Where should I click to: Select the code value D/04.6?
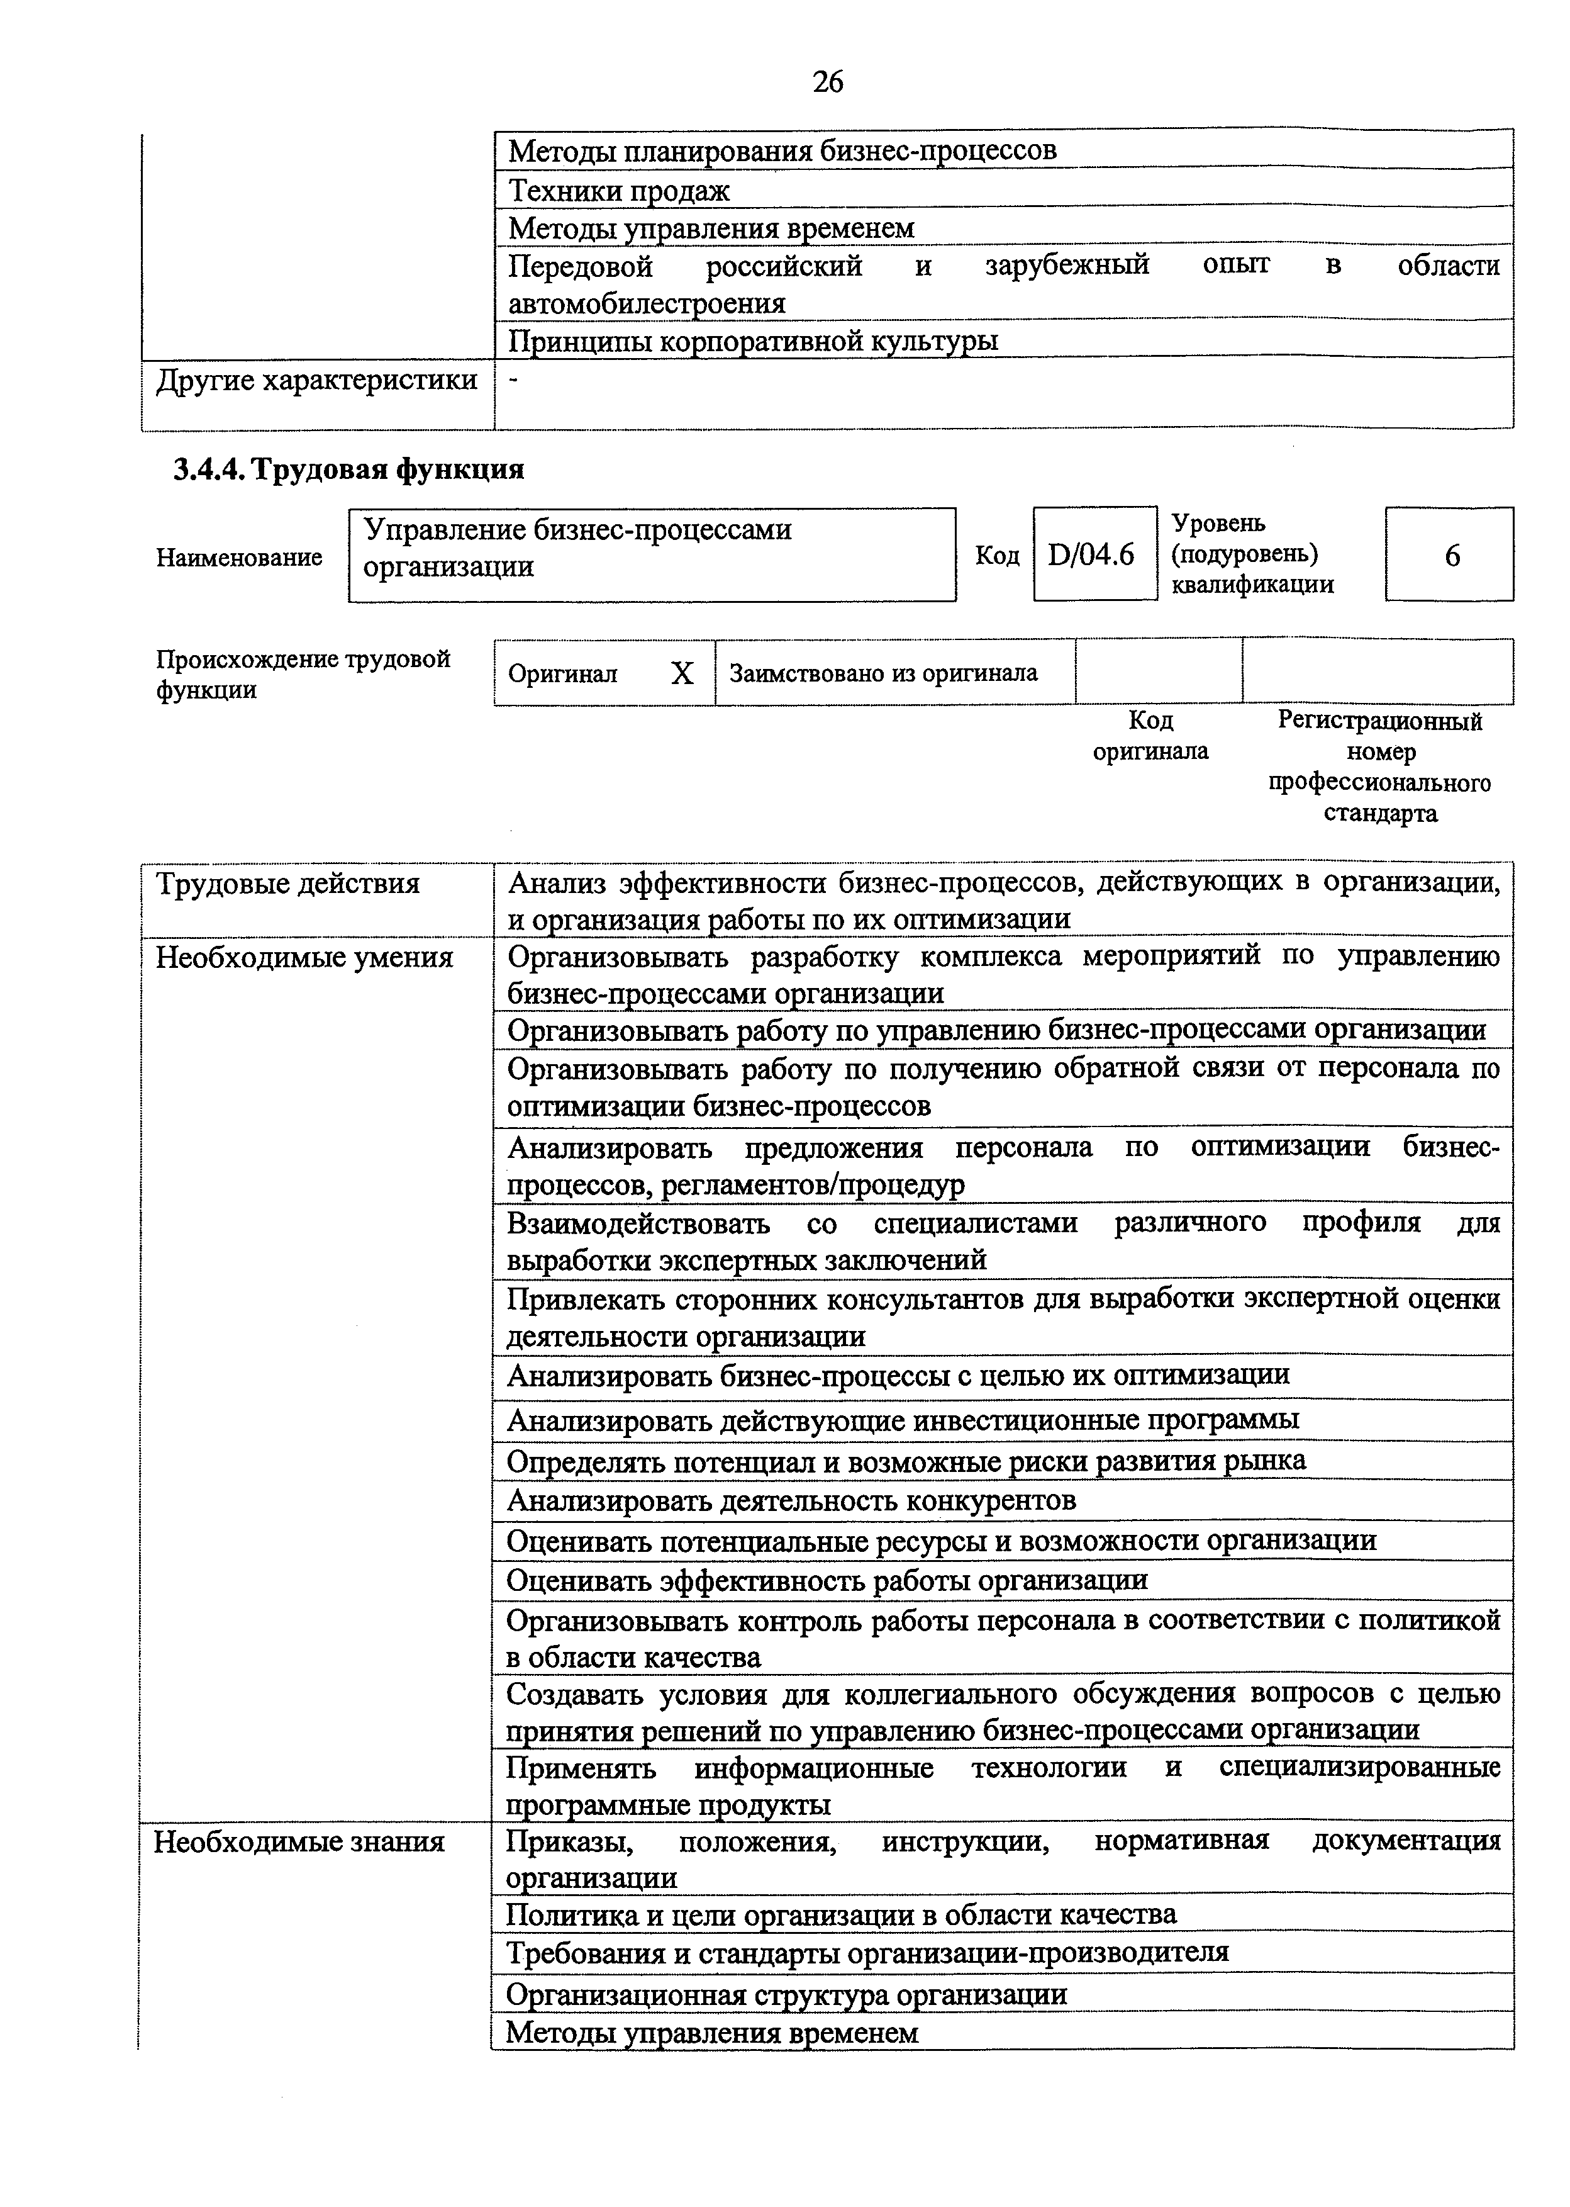pyautogui.click(x=1091, y=555)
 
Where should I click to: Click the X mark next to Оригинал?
pyautogui.click(x=682, y=673)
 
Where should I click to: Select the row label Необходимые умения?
pyautogui.click(x=304, y=957)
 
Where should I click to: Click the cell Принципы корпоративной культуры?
pyautogui.click(x=753, y=341)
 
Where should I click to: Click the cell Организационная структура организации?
pyautogui.click(x=787, y=1993)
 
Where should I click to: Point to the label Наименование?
pyautogui.click(x=239, y=557)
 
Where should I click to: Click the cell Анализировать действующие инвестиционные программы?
pyautogui.click(x=903, y=1420)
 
